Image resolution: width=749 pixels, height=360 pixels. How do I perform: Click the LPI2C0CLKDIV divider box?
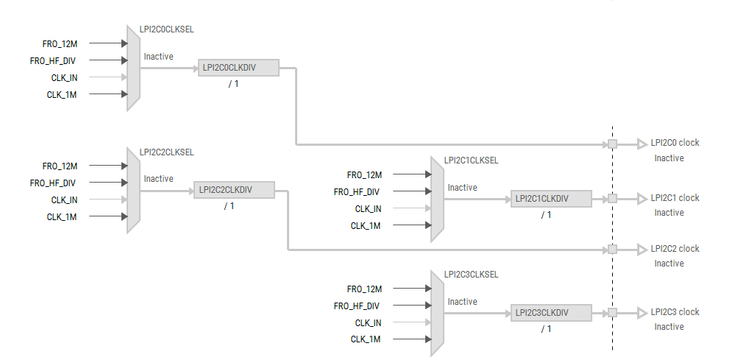point(238,68)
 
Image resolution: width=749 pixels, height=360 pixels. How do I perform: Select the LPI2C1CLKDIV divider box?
point(551,199)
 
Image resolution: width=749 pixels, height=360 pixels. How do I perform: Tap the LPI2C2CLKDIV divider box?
point(234,190)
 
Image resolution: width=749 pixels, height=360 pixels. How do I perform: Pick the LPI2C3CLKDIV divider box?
point(551,313)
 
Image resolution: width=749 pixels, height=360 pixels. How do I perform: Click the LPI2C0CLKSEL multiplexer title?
point(167,29)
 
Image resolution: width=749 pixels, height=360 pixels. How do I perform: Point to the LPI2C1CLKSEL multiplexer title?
point(471,160)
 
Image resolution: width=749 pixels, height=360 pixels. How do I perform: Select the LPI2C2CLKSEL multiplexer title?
point(167,152)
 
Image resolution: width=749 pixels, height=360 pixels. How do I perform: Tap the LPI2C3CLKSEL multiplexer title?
point(471,275)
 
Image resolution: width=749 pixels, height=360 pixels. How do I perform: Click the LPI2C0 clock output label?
point(675,143)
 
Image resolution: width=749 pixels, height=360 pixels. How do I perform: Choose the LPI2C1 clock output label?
point(675,198)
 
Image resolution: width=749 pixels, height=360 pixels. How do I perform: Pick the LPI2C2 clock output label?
point(675,249)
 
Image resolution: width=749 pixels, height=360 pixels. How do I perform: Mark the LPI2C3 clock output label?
point(675,312)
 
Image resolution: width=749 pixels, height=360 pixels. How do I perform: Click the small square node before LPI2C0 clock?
point(612,144)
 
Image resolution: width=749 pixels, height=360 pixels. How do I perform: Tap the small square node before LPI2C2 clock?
point(612,249)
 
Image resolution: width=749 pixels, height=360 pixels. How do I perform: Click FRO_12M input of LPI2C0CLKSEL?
point(60,44)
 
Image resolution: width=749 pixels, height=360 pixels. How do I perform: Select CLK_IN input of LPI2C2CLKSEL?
point(65,200)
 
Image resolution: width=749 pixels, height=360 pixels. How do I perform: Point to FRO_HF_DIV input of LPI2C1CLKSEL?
point(356,192)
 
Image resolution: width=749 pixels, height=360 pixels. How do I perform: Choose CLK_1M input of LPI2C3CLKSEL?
point(366,339)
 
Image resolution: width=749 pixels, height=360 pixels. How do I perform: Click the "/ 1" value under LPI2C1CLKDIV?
point(546,215)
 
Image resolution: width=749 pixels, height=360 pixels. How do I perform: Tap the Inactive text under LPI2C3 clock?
point(669,327)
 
